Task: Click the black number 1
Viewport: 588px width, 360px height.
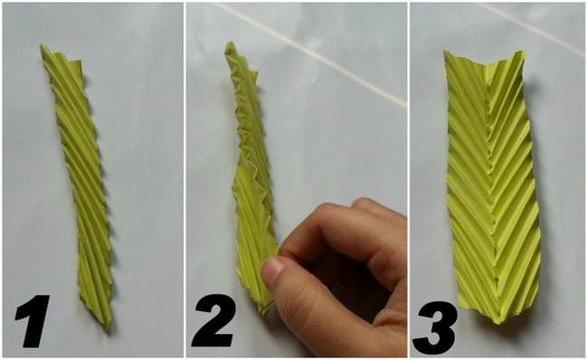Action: click(33, 320)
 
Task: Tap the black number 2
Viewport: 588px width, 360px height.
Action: click(213, 320)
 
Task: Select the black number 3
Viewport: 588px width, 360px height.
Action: click(435, 327)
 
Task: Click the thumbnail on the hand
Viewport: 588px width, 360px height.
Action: click(271, 270)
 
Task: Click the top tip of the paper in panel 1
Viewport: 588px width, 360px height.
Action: click(42, 46)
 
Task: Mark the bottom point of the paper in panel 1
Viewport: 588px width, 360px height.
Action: click(109, 331)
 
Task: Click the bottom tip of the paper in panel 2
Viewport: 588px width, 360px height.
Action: click(263, 312)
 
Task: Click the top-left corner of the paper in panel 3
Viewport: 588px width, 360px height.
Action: click(445, 52)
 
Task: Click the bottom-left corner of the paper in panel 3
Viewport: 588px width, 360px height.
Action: click(459, 308)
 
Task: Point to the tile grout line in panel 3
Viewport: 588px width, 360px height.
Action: click(533, 27)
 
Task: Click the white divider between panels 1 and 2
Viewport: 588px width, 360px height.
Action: click(185, 180)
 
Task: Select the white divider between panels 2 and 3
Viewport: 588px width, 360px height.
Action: click(408, 180)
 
